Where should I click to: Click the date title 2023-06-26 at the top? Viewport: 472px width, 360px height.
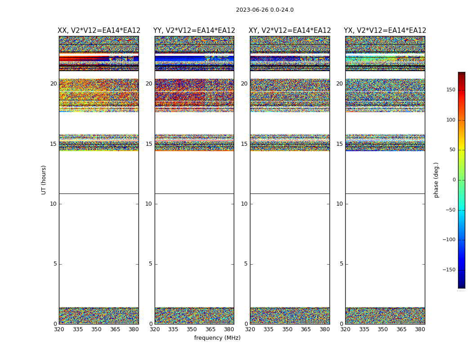[264, 10]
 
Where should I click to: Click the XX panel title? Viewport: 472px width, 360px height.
[99, 31]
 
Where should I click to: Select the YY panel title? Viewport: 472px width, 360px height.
[194, 31]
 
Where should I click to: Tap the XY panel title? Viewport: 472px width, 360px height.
[290, 31]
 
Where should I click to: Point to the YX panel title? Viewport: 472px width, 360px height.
[385, 31]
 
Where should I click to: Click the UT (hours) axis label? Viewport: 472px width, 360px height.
[44, 180]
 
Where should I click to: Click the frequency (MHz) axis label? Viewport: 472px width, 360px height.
[217, 338]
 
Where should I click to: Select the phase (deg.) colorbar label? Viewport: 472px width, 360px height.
[436, 180]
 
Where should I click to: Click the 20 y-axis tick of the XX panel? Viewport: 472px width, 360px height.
[53, 84]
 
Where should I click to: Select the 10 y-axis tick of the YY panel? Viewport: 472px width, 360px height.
[149, 204]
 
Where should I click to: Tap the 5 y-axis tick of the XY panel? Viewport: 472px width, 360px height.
[246, 264]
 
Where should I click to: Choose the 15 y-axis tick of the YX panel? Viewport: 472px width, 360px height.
[339, 144]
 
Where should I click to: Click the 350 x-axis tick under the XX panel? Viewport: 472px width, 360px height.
[96, 329]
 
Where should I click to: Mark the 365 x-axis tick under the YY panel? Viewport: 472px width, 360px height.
[211, 329]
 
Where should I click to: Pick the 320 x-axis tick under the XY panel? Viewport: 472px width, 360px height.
[250, 329]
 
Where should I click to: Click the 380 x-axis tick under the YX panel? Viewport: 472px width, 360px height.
[420, 329]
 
